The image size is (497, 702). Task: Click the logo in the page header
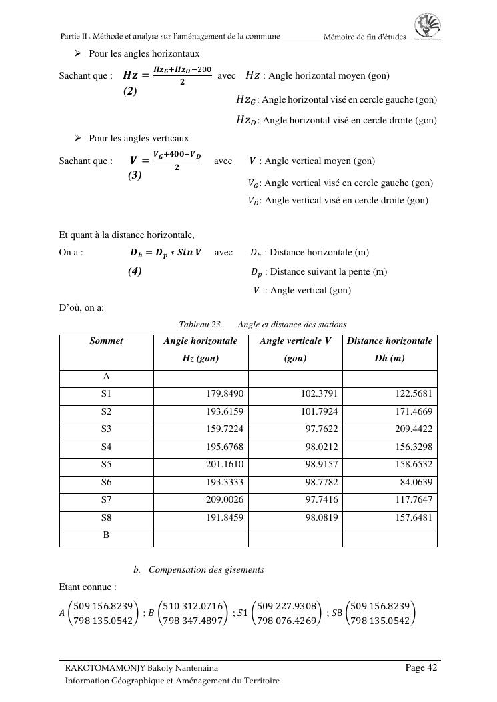pyautogui.click(x=427, y=27)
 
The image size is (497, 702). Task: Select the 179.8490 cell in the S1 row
pyautogui.click(x=225, y=394)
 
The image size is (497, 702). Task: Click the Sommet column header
pyautogui.click(x=107, y=341)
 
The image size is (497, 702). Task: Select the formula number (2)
pyautogui.click(x=130, y=91)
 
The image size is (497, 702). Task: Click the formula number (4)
pyautogui.click(x=135, y=271)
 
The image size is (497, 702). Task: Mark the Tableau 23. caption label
pyautogui.click(x=200, y=325)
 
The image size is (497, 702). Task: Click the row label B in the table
pyautogui.click(x=106, y=535)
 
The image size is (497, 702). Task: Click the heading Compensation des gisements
pyautogui.click(x=206, y=569)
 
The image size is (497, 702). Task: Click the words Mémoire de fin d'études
pyautogui.click(x=364, y=37)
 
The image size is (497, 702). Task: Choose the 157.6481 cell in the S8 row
pyautogui.click(x=414, y=517)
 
